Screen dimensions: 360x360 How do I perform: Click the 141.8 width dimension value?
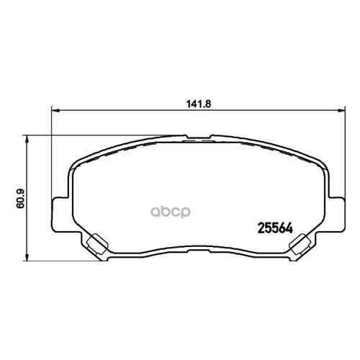(x=199, y=104)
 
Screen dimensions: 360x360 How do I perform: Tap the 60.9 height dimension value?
(x=20, y=199)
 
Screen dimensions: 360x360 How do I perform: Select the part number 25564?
(x=275, y=228)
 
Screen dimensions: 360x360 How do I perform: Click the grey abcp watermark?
(x=171, y=212)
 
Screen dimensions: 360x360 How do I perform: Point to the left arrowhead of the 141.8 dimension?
(x=55, y=111)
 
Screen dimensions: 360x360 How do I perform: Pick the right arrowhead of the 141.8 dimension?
(x=341, y=111)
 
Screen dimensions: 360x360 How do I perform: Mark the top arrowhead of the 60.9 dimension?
(x=27, y=139)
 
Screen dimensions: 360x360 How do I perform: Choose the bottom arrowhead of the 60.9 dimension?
(x=27, y=257)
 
